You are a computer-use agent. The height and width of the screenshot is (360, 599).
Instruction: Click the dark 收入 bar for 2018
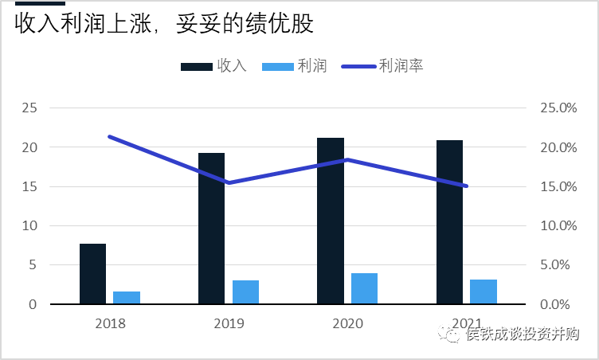[x=92, y=273]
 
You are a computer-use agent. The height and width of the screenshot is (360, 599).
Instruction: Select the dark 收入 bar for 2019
[x=211, y=228]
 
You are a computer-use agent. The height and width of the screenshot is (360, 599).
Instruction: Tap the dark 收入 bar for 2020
[x=331, y=221]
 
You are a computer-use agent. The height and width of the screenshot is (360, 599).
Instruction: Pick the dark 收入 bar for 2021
[x=449, y=221]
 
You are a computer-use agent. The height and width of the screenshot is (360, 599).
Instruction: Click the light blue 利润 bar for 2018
[x=127, y=297]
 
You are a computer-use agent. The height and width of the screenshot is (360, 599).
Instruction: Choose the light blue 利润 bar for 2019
[x=245, y=292]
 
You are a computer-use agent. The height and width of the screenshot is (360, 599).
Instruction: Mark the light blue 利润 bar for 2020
[x=364, y=288]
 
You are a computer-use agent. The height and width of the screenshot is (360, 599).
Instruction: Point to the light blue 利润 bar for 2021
[x=484, y=292]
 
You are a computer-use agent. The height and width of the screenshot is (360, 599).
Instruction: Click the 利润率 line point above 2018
[x=110, y=137]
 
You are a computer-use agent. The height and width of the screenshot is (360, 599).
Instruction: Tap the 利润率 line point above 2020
[x=347, y=159]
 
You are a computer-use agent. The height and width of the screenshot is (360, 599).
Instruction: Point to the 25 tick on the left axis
[x=29, y=108]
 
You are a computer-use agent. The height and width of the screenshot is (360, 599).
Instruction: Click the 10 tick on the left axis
[x=29, y=225]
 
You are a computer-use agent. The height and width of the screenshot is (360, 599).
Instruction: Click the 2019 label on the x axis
[x=229, y=323]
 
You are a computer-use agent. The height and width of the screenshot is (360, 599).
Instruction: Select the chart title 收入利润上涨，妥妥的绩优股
[x=164, y=24]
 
